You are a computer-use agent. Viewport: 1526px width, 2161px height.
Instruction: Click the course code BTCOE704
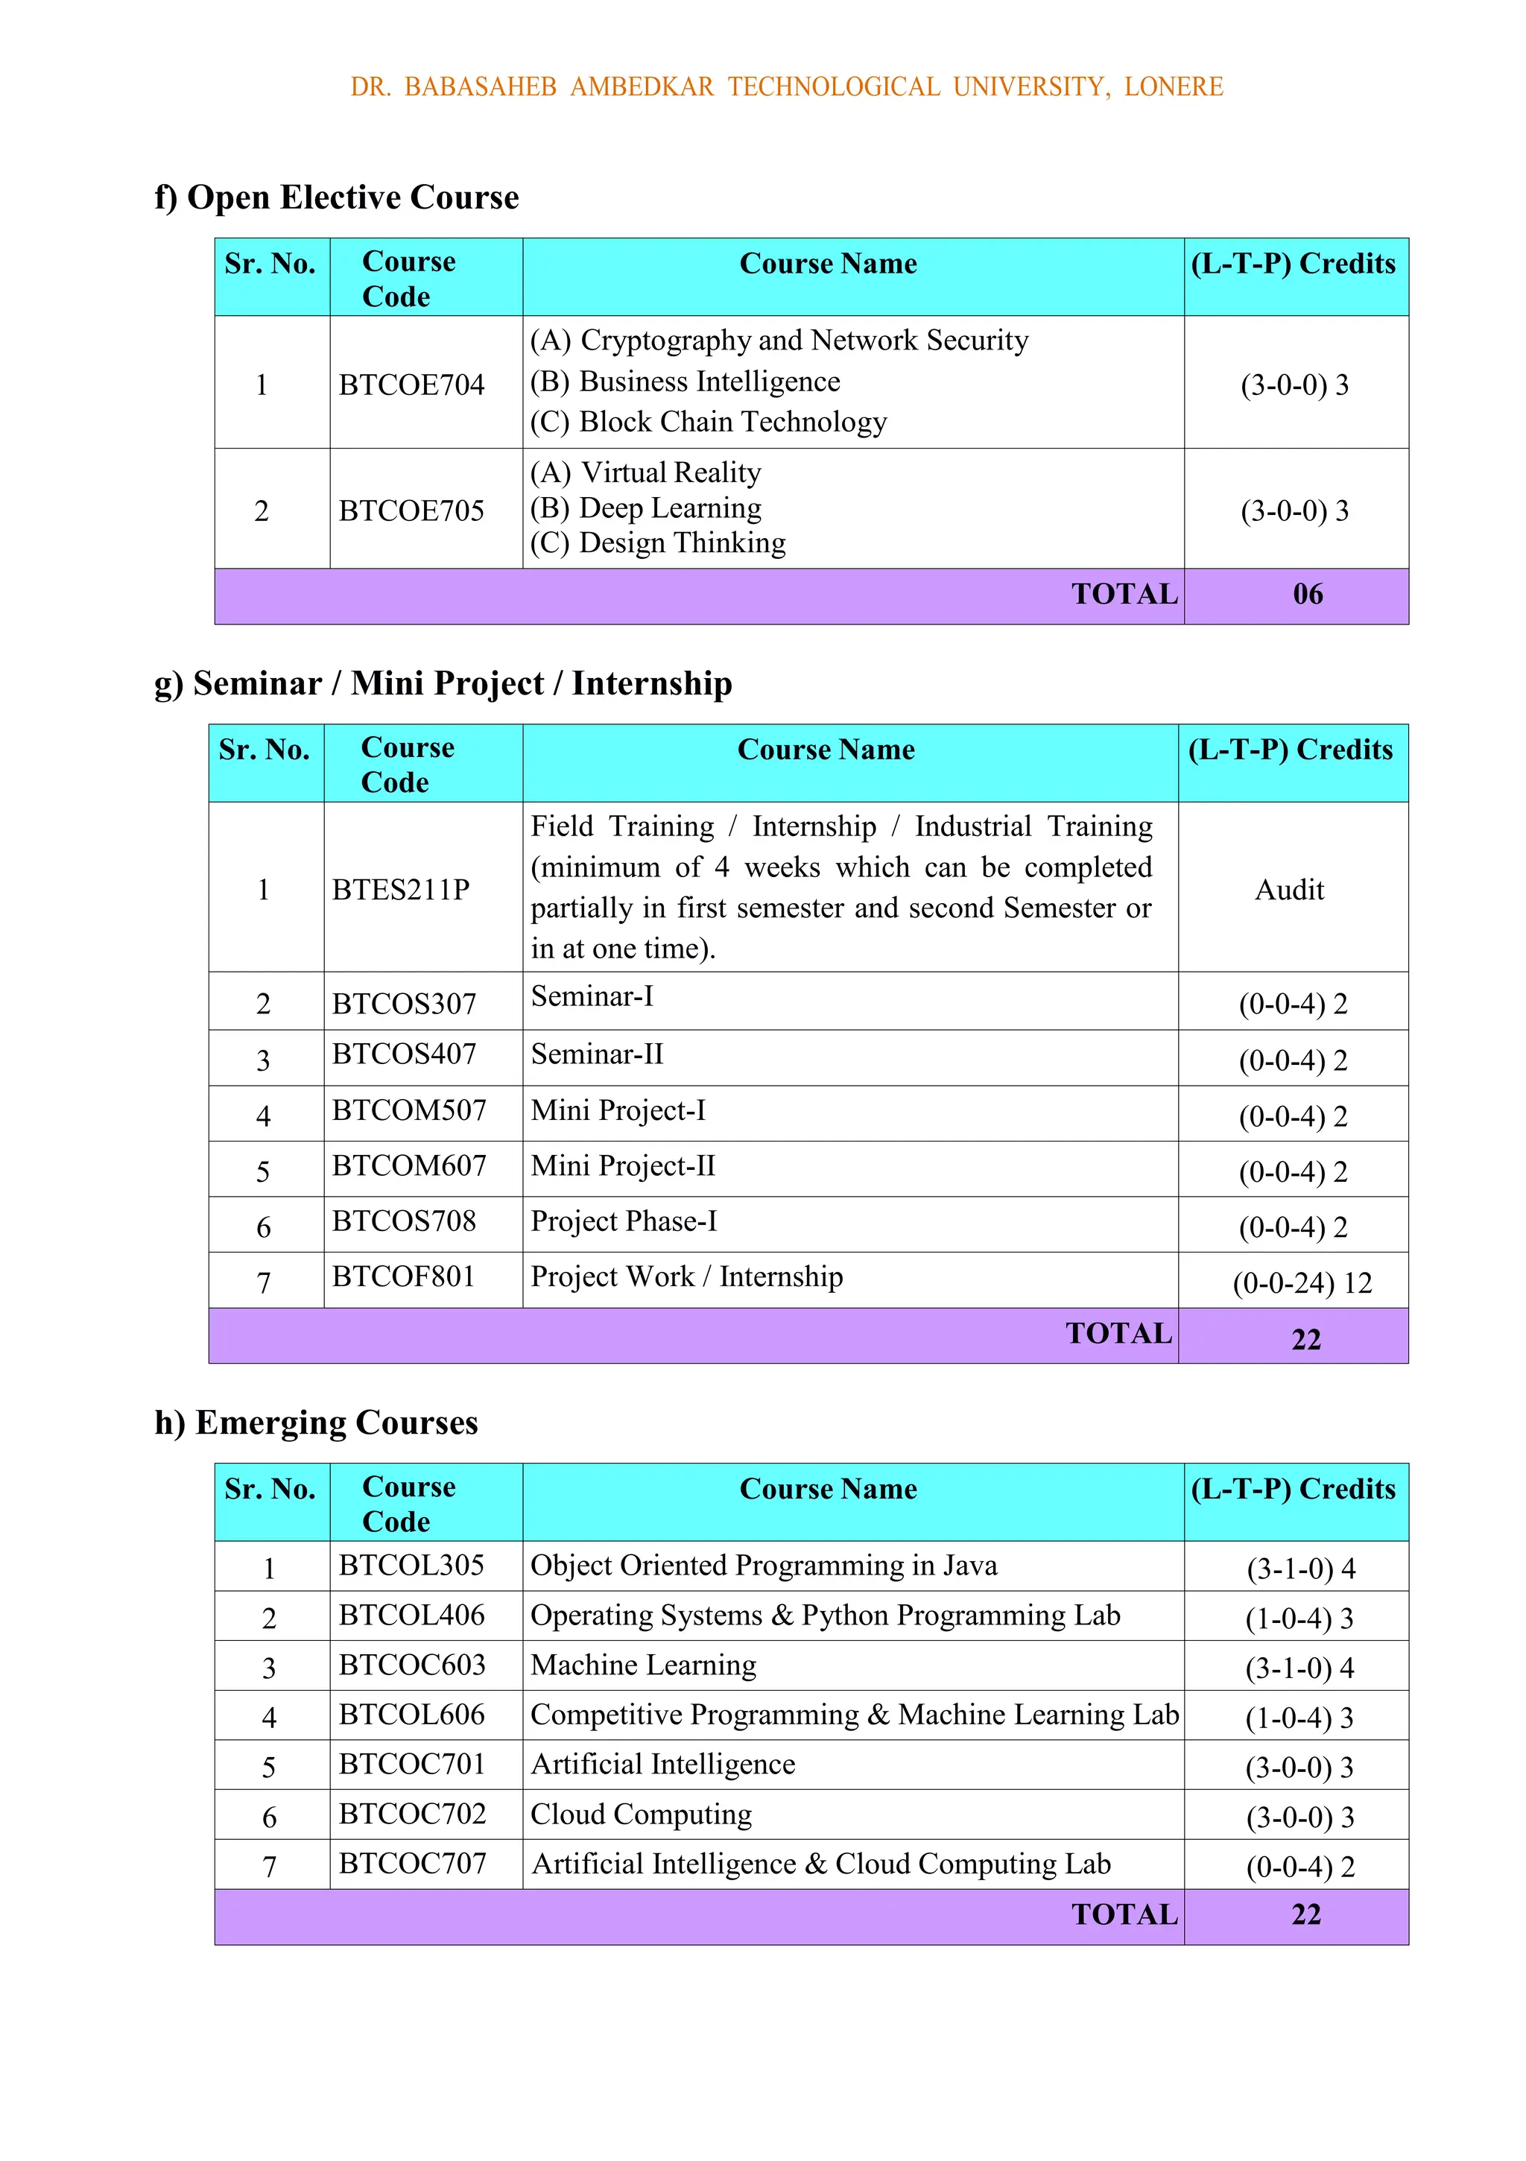[411, 385]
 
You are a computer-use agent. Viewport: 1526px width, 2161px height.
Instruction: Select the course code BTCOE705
[411, 511]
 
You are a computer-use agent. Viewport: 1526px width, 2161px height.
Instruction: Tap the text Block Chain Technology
[732, 422]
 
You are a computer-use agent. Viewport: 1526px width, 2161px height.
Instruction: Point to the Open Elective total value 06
[1308, 594]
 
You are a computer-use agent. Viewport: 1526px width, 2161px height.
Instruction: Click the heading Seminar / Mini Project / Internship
[443, 683]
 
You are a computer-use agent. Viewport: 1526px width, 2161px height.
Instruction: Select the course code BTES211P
[401, 890]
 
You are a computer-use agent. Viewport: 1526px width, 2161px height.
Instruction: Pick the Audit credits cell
[1289, 890]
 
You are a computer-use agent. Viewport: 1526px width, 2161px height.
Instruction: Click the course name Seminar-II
[597, 1054]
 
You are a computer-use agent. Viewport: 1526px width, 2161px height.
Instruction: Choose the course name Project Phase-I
[623, 1221]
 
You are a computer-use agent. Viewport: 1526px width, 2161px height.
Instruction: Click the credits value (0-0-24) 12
[1302, 1283]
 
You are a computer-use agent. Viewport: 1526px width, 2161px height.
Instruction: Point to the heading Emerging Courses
[317, 1422]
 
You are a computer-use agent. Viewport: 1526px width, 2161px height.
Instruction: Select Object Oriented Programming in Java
[764, 1565]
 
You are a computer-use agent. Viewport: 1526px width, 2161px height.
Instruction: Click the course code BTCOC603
[412, 1665]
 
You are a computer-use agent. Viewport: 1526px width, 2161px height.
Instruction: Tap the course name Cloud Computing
[641, 1814]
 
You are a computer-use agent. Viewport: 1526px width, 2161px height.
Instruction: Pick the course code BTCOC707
[412, 1864]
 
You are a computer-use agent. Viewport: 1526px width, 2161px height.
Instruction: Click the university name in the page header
[786, 86]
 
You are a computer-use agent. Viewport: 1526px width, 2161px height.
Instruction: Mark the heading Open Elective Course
[337, 197]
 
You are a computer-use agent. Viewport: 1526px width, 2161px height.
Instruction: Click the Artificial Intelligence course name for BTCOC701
[662, 1765]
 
